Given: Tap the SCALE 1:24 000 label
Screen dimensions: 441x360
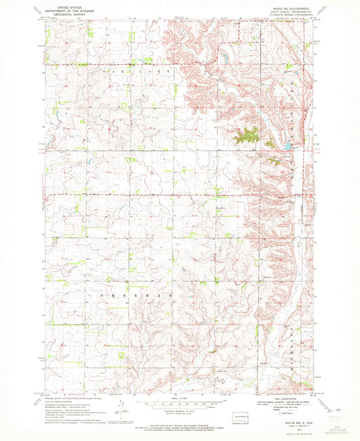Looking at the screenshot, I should (x=179, y=400).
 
